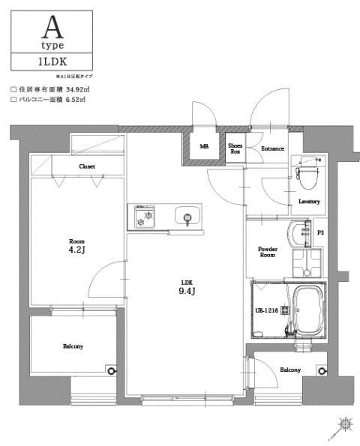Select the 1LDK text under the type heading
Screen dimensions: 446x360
tap(51, 61)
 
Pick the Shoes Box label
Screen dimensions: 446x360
tap(235, 148)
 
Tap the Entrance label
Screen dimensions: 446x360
tap(271, 148)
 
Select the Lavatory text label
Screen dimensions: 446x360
tap(309, 202)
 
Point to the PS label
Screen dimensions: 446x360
tap(321, 232)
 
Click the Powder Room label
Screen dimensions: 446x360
tap(268, 252)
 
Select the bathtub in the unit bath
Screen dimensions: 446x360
tap(307, 311)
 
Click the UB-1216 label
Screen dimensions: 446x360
tap(266, 310)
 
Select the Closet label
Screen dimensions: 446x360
tap(87, 166)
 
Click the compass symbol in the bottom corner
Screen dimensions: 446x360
tap(345, 425)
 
